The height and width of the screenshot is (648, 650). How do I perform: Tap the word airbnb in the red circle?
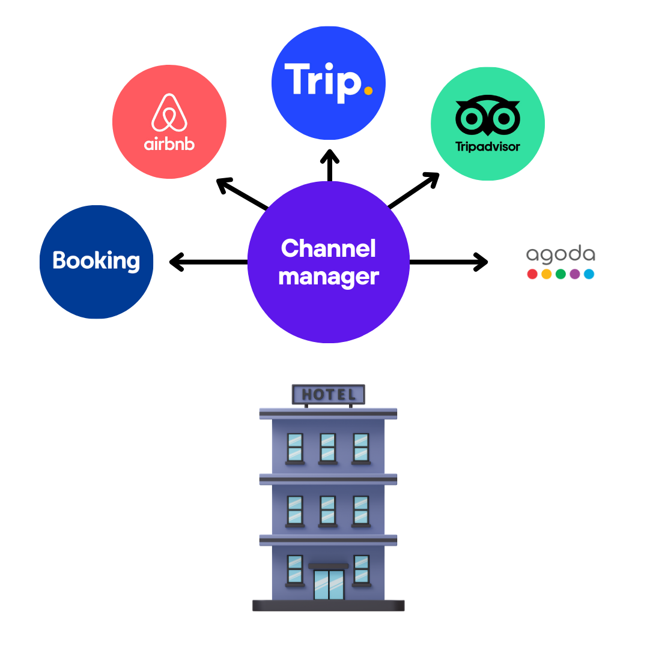pyautogui.click(x=169, y=145)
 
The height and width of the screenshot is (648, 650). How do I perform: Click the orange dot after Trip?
pyautogui.click(x=368, y=91)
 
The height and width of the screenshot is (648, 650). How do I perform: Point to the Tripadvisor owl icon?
pyautogui.click(x=488, y=116)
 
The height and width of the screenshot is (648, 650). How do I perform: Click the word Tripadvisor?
pyautogui.click(x=488, y=146)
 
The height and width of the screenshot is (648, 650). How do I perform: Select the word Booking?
pyautogui.click(x=96, y=260)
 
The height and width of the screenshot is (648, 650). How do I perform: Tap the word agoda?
pyautogui.click(x=560, y=254)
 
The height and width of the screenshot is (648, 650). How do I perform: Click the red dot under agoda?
pyautogui.click(x=532, y=274)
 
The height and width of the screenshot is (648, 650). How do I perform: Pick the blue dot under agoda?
pyautogui.click(x=589, y=274)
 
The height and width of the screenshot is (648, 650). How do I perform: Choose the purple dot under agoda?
pyautogui.click(x=575, y=274)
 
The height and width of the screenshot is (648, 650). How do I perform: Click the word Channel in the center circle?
pyautogui.click(x=328, y=248)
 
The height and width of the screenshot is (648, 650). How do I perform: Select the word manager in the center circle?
pyautogui.click(x=328, y=277)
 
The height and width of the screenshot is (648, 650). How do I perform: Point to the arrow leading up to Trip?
pyautogui.click(x=329, y=165)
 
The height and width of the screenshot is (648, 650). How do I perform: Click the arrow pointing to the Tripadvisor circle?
pyautogui.click(x=414, y=190)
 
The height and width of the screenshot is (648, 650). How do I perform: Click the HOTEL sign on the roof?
pyautogui.click(x=328, y=395)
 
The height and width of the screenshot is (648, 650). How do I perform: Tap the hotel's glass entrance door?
pyautogui.click(x=329, y=584)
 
